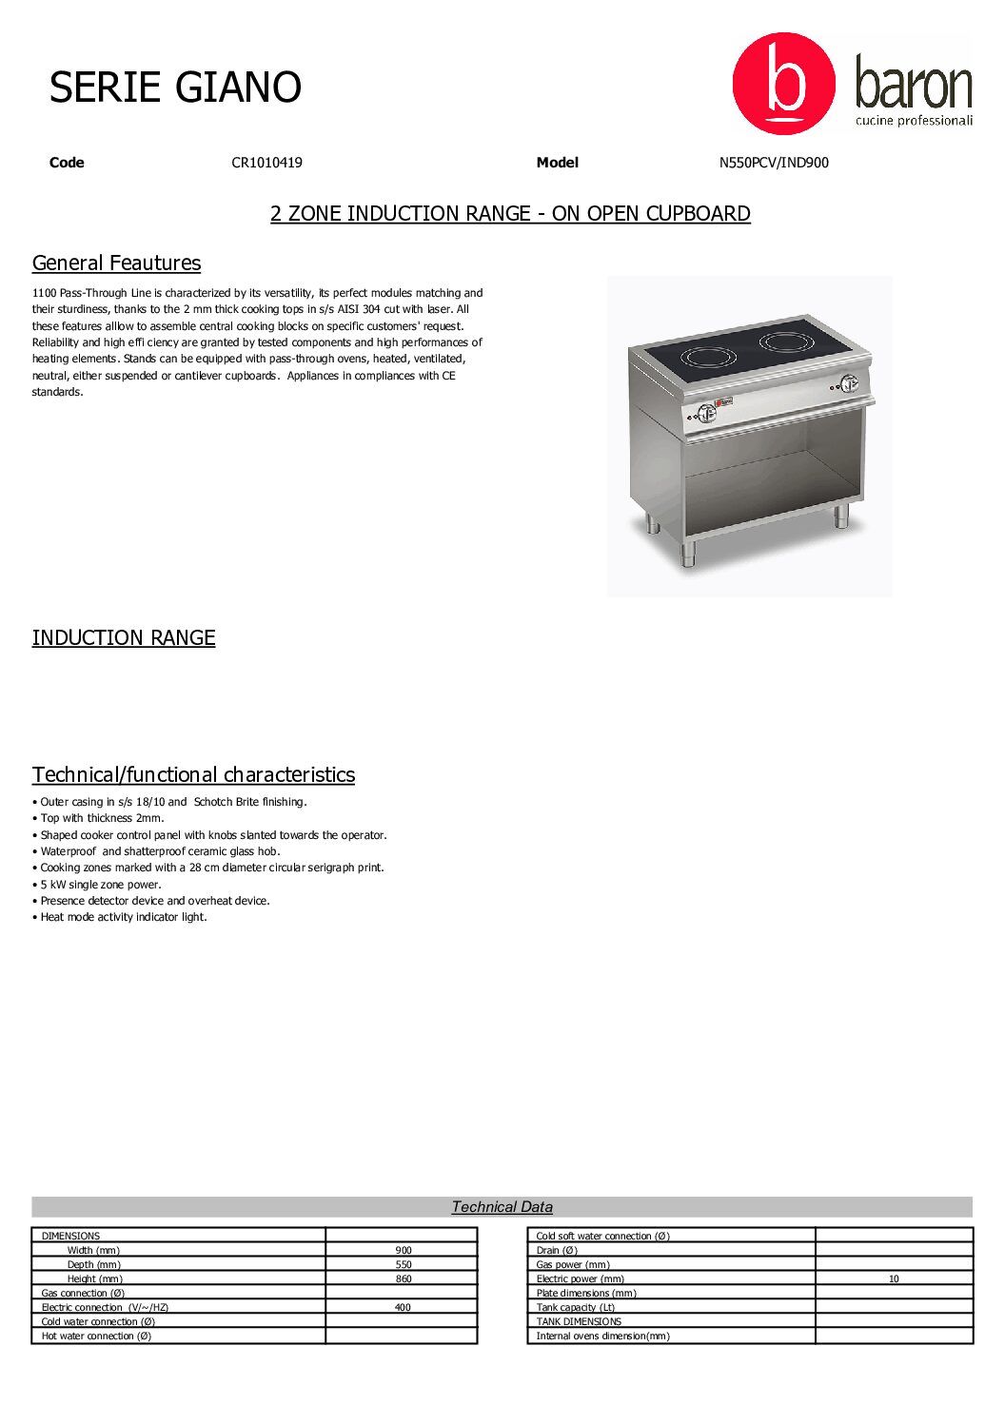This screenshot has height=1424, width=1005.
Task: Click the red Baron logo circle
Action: (783, 84)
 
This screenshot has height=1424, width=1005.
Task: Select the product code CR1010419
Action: (266, 163)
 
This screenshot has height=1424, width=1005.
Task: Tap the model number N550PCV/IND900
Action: (773, 163)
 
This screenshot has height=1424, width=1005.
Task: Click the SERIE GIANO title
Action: (175, 88)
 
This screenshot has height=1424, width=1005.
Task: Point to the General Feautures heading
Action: (116, 263)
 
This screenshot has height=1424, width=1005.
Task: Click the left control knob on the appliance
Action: (706, 413)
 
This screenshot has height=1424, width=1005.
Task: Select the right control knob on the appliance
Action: (848, 383)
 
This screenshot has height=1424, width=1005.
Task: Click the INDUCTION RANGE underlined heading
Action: (124, 638)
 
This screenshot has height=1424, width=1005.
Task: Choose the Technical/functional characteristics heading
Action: (193, 775)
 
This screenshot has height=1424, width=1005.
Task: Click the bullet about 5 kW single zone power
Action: (101, 885)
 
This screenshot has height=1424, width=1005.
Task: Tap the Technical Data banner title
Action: (502, 1207)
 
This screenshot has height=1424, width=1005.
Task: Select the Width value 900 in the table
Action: (404, 1251)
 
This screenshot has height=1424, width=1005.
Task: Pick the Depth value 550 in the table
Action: (404, 1265)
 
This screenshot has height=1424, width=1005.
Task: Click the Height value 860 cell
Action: (404, 1279)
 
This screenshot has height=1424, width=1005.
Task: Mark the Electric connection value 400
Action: (403, 1308)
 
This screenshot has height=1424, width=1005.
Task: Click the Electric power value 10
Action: (894, 1279)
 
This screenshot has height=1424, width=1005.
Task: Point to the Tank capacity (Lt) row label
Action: (575, 1308)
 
